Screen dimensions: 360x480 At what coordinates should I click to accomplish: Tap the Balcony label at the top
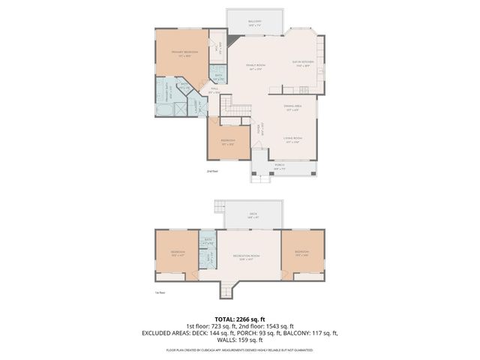click(x=255, y=22)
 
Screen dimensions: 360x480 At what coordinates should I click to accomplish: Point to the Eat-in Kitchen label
click(x=302, y=63)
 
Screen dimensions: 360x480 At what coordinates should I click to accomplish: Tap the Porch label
click(x=279, y=166)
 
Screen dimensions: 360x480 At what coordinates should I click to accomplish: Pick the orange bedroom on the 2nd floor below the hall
click(x=228, y=142)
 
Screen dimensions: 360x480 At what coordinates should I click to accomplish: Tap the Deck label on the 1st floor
click(x=253, y=214)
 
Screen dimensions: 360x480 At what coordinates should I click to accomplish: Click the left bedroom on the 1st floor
click(x=178, y=253)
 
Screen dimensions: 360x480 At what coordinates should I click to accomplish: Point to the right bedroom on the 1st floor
click(x=301, y=253)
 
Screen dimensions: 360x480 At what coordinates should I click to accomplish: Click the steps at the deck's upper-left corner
click(x=220, y=206)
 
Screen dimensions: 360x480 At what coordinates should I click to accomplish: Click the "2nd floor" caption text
click(x=212, y=172)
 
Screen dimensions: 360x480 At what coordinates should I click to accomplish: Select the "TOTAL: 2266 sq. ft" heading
click(x=240, y=318)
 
